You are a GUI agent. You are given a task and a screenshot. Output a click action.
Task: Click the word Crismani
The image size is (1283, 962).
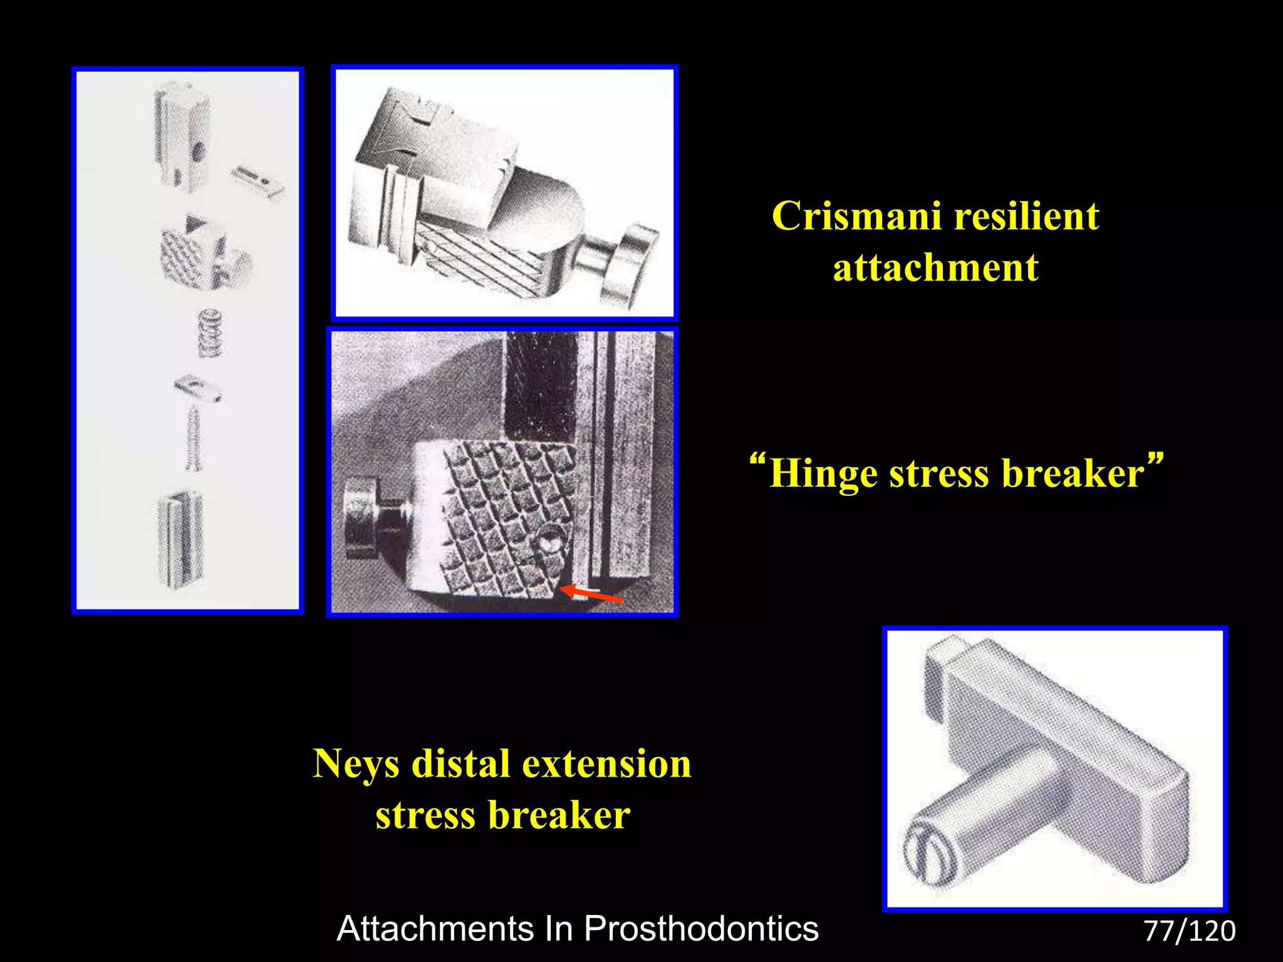(856, 217)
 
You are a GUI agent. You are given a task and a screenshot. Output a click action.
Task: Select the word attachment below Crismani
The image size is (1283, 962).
(935, 268)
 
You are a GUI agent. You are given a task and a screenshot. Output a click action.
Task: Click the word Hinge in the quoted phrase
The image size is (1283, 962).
(823, 473)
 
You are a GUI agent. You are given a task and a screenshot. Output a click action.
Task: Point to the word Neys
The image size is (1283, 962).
(355, 765)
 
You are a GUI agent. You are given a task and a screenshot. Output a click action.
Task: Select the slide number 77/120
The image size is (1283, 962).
(1189, 931)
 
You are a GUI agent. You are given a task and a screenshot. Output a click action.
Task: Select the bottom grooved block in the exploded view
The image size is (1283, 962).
(182, 539)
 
